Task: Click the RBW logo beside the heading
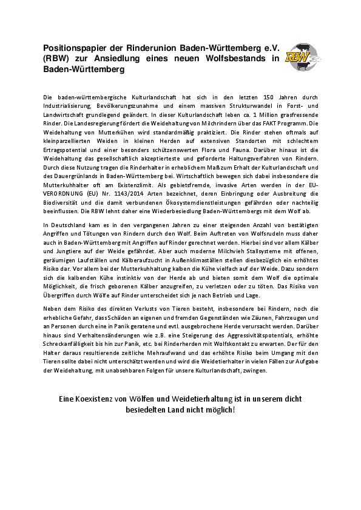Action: pos(303,58)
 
